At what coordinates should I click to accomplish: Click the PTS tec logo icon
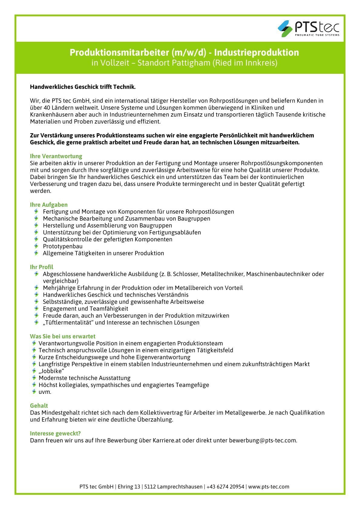point(285,28)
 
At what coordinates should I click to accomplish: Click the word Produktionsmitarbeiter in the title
point(120,53)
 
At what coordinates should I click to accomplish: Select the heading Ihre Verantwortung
point(56,156)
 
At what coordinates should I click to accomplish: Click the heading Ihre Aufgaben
point(49,205)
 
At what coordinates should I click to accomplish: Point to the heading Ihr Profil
point(41,267)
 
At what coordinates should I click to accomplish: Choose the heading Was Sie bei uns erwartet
point(63,336)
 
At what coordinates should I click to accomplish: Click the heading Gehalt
point(39,406)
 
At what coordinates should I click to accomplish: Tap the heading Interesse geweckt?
point(55,433)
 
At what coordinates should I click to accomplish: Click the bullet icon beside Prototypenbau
point(36,246)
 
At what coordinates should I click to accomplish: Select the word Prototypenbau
point(63,246)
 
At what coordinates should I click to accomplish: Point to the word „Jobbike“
point(51,371)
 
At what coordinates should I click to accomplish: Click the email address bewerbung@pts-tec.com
point(263,440)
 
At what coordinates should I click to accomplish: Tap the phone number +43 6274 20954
point(225,487)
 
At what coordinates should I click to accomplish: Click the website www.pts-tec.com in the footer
point(268,487)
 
